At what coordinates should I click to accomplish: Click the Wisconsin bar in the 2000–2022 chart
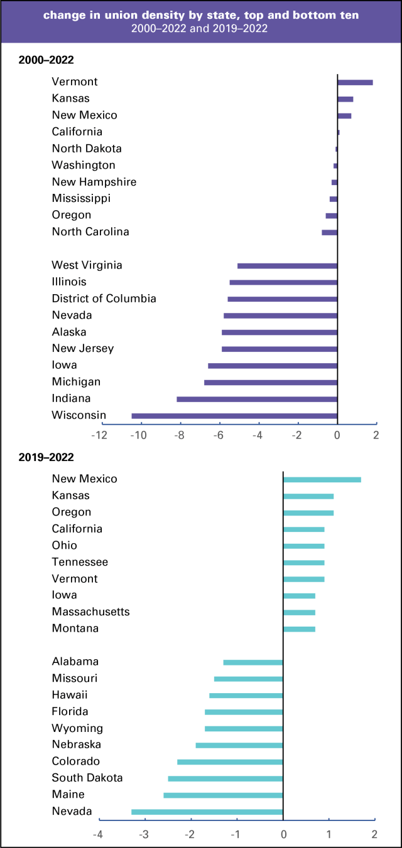(x=234, y=415)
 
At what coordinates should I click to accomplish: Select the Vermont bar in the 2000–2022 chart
(x=355, y=82)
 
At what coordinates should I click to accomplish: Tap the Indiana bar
(x=257, y=399)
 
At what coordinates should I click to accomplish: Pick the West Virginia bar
(x=287, y=265)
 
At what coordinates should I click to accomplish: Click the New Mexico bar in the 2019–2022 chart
(x=322, y=479)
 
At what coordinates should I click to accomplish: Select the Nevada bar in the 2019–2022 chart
(x=207, y=812)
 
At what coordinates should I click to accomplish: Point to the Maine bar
(x=223, y=795)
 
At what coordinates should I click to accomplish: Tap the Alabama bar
(x=253, y=662)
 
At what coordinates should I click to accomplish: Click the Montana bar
(x=299, y=628)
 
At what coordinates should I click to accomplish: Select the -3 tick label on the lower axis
(x=144, y=834)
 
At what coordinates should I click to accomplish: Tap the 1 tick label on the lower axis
(x=329, y=834)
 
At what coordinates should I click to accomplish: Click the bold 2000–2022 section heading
(x=47, y=60)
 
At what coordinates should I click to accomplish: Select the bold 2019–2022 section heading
(x=47, y=457)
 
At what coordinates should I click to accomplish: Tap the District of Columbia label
(x=104, y=299)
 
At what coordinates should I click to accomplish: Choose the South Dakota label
(x=87, y=778)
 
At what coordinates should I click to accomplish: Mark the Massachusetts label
(x=90, y=612)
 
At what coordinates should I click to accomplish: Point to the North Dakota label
(x=87, y=149)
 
